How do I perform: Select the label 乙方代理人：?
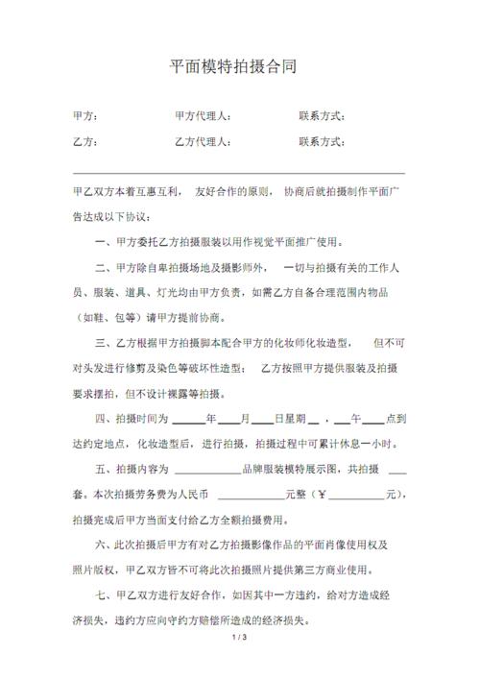coord(203,142)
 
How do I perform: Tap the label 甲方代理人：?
coord(203,117)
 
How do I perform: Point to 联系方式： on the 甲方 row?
coord(323,117)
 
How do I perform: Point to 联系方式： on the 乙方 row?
coord(323,142)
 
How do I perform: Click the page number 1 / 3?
coord(240,665)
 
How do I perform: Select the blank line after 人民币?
coord(252,496)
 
